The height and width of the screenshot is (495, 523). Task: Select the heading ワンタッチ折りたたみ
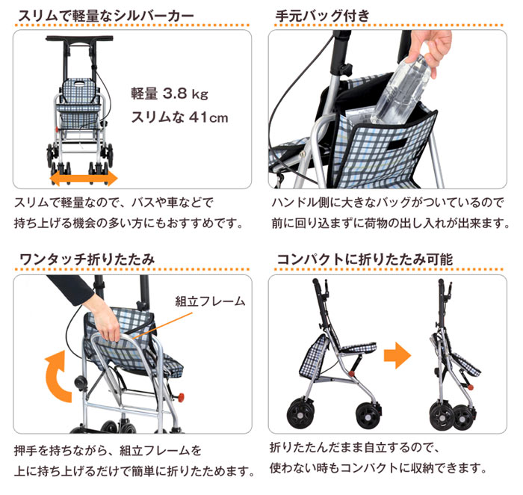(87, 259)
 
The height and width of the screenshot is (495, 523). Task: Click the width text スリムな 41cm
(179, 118)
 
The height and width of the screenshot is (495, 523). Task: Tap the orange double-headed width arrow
(83, 178)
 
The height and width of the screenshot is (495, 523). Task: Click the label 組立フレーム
(210, 301)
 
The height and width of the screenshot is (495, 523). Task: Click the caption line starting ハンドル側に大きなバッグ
(388, 203)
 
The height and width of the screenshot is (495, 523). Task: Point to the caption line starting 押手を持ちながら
(108, 451)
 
